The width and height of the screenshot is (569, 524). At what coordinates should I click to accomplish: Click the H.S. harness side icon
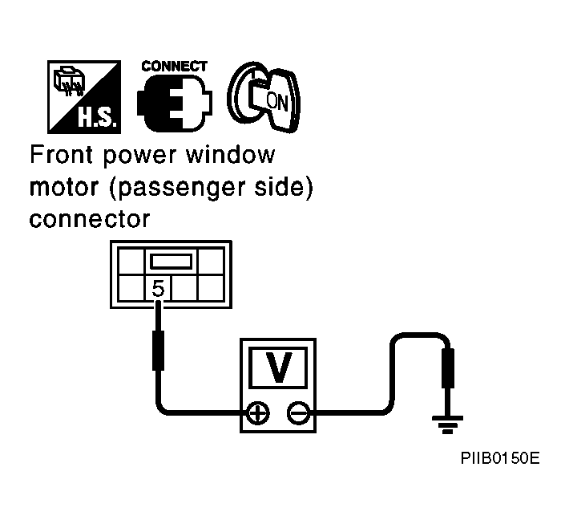tap(84, 97)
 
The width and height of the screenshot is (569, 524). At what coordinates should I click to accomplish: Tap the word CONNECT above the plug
tap(174, 67)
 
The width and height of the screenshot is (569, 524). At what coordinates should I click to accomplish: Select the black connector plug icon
tap(174, 104)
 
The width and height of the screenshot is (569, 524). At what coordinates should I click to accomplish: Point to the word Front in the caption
tap(61, 154)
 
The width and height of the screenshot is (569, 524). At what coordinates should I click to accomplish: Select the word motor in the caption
tap(64, 188)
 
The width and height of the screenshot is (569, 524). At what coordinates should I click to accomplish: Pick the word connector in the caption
tap(89, 220)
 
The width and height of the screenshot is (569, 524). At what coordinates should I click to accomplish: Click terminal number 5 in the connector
tap(158, 289)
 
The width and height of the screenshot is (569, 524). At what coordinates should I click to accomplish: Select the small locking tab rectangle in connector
tap(171, 262)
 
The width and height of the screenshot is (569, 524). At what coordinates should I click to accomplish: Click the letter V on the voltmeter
tap(278, 368)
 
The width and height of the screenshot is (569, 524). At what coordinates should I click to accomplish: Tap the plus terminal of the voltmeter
tap(258, 413)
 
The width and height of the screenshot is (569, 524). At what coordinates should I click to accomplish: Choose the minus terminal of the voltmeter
tap(299, 413)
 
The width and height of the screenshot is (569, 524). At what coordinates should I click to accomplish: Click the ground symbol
tap(447, 424)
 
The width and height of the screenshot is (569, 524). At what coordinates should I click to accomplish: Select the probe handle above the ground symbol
tap(448, 368)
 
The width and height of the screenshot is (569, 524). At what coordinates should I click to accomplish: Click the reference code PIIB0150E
tap(500, 458)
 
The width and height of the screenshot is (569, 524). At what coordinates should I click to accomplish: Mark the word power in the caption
tap(139, 156)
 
